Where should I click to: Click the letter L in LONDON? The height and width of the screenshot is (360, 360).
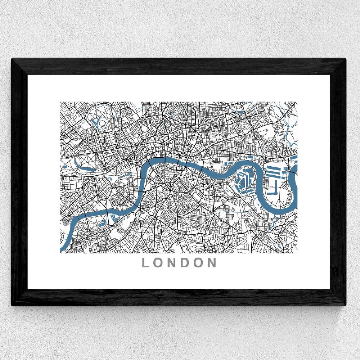tap(146, 262)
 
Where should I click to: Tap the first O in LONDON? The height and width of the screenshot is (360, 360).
tap(159, 262)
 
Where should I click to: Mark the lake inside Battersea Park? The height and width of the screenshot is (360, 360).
tap(102, 223)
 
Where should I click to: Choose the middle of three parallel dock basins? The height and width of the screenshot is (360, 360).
tap(275, 172)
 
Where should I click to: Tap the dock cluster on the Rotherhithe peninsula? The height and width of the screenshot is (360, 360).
tap(242, 180)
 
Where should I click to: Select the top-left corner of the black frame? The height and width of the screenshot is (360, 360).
tap(13, 60)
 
